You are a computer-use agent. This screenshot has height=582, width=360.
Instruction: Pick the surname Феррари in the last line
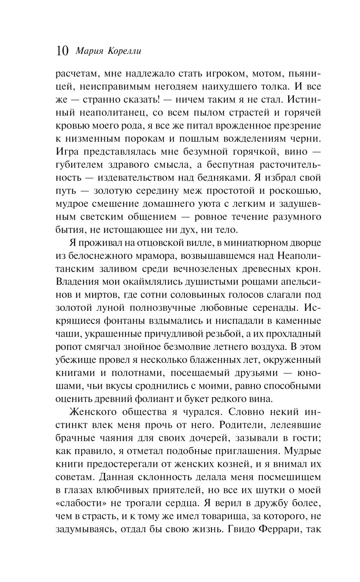coord(282,529)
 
